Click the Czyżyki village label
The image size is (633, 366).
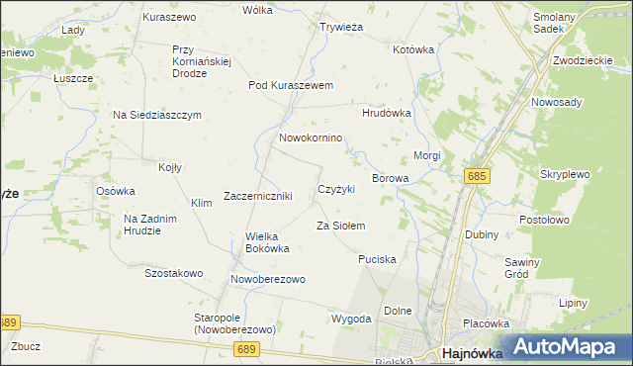[x=336, y=188]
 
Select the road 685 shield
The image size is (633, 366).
[x=477, y=175]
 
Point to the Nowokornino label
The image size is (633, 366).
[x=311, y=138]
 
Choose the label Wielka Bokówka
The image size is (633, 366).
[x=267, y=242]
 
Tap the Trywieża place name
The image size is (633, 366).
[x=341, y=28]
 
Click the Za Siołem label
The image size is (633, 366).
[x=340, y=226]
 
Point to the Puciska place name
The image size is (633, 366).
[x=377, y=258]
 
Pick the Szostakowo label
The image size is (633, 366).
[x=173, y=272]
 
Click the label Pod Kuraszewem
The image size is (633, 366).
[x=291, y=85]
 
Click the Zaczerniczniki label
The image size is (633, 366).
[x=257, y=196]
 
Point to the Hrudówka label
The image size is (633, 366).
[x=386, y=113]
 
